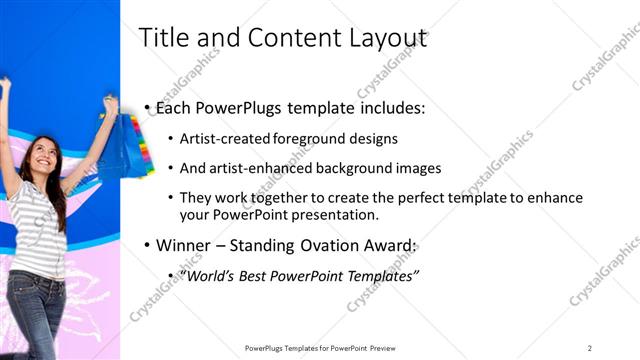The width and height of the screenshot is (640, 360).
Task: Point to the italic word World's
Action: coord(213,274)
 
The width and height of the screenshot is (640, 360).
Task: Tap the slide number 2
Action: coord(590,347)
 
